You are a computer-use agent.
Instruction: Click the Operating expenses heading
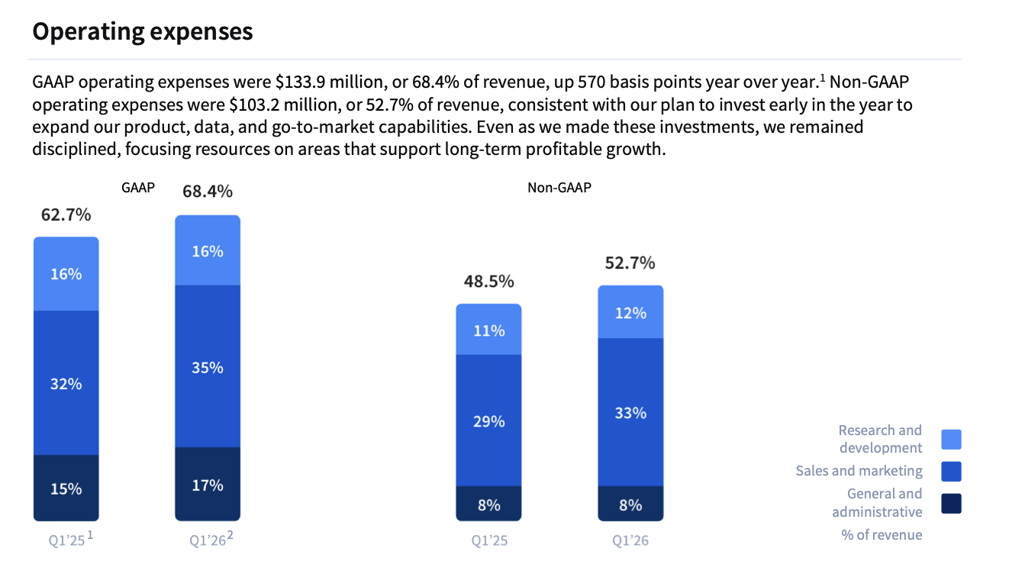tap(142, 32)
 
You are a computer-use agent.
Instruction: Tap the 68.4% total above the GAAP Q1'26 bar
tap(207, 191)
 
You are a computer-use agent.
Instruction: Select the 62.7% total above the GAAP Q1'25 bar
tap(66, 215)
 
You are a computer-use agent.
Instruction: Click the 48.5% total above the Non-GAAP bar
tap(488, 281)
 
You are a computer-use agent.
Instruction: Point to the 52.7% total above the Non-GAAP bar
tap(630, 263)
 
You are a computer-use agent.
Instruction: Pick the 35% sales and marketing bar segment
tap(207, 367)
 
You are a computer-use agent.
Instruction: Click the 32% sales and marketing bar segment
tap(66, 383)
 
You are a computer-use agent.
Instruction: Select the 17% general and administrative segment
tap(207, 485)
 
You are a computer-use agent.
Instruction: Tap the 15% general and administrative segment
tap(66, 489)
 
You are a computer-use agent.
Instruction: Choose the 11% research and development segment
tap(488, 331)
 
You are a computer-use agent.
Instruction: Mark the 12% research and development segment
tap(630, 312)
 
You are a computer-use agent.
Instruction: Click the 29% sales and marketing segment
tap(488, 421)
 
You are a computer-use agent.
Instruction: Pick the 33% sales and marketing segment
tap(630, 412)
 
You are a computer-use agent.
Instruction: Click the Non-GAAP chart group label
tap(559, 187)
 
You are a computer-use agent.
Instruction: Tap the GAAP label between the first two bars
tap(138, 187)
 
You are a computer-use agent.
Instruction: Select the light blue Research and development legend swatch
tap(951, 439)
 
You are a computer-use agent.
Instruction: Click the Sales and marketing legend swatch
tap(951, 471)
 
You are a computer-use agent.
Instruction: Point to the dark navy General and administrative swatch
tap(951, 503)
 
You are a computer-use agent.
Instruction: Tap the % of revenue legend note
tap(882, 534)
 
